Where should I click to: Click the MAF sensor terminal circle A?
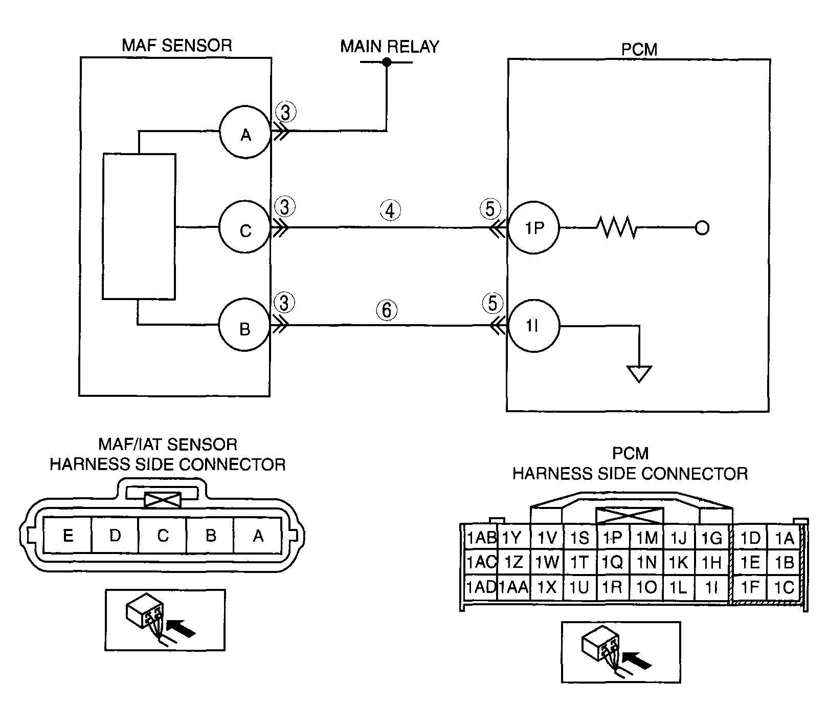click(x=245, y=135)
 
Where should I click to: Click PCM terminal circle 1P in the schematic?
click(x=533, y=227)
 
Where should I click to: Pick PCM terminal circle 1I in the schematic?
click(x=533, y=326)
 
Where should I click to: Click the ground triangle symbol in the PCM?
click(x=639, y=374)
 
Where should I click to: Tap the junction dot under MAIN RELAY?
click(x=387, y=62)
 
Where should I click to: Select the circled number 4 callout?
click(x=390, y=210)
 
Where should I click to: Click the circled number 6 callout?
click(x=387, y=310)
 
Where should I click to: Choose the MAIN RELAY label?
click(x=390, y=47)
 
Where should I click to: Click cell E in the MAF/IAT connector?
click(x=68, y=535)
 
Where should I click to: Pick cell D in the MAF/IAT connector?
click(x=115, y=535)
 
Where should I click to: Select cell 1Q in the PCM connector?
click(x=613, y=562)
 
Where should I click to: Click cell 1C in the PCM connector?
click(x=784, y=587)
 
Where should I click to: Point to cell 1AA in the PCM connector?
click(x=513, y=587)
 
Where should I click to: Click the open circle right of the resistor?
click(x=702, y=228)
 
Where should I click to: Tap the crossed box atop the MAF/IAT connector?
click(x=163, y=500)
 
